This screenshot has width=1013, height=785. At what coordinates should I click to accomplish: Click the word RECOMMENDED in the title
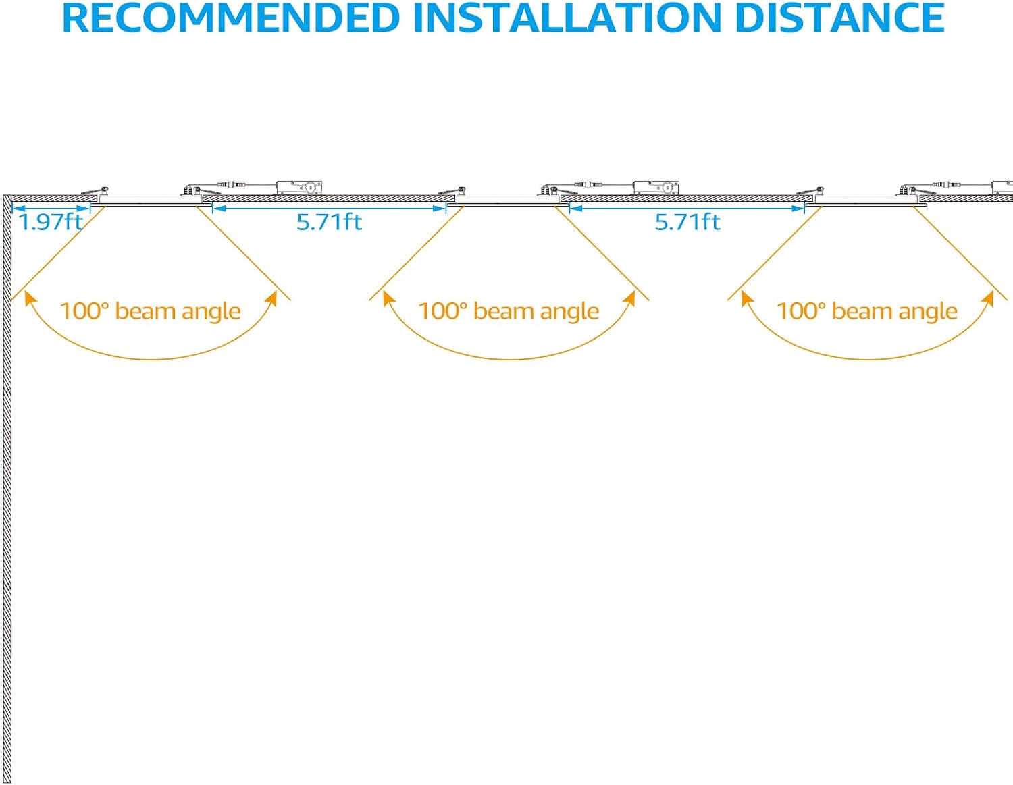pos(231,19)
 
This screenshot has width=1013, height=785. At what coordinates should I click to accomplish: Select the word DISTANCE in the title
pos(839,19)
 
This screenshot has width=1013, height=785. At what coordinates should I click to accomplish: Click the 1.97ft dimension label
pos(51,222)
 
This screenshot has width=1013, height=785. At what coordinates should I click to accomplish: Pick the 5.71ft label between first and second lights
pos(329,222)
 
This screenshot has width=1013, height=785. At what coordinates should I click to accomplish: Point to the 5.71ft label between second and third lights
pos(687,222)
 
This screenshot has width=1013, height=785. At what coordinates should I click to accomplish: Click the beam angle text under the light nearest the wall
pos(150,311)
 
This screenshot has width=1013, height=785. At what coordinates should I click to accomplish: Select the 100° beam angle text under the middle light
pos(508,311)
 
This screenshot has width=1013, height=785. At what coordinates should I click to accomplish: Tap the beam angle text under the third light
pos(866,311)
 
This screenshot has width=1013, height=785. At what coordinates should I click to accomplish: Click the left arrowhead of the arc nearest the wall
pos(28,297)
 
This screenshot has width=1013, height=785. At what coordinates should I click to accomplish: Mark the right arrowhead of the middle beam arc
pos(630,297)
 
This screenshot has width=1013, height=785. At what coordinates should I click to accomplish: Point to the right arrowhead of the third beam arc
pos(989,297)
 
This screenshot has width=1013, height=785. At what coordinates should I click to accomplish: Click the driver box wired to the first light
pos(298,187)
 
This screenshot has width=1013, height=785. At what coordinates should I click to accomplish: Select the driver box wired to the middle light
pos(655,187)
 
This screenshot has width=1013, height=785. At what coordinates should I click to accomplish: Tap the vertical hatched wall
pos(7,486)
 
